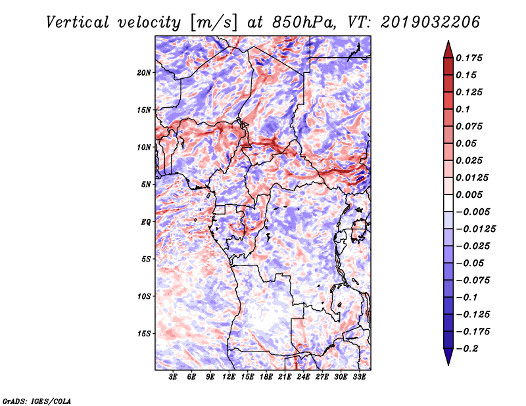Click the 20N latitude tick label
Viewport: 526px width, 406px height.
[x=144, y=72]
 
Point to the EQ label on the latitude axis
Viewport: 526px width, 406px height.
[x=147, y=222]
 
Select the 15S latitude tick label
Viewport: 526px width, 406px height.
[x=144, y=334]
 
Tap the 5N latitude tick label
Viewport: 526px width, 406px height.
[x=146, y=185]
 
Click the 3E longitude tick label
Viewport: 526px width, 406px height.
[x=174, y=377]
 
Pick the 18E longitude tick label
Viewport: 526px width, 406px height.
[x=267, y=377]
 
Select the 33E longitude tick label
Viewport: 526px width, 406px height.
[x=360, y=377]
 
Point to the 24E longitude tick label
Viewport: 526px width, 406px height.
[x=304, y=377]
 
